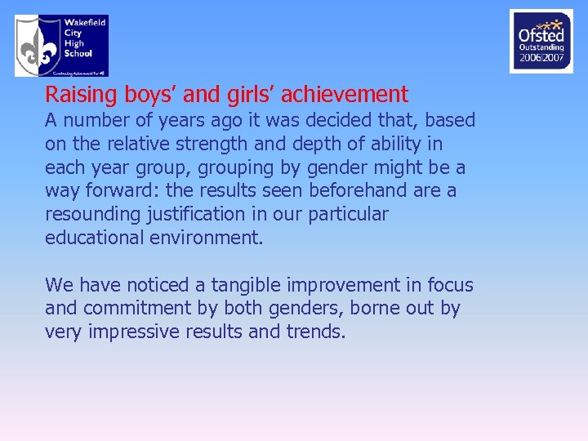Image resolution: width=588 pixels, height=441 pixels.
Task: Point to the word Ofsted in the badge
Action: pyautogui.click(x=541, y=35)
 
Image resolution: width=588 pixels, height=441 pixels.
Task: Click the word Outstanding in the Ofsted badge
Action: pyautogui.click(x=541, y=47)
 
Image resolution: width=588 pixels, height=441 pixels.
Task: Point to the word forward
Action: pyautogui.click(x=114, y=191)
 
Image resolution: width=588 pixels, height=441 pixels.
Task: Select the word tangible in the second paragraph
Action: pyautogui.click(x=246, y=285)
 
